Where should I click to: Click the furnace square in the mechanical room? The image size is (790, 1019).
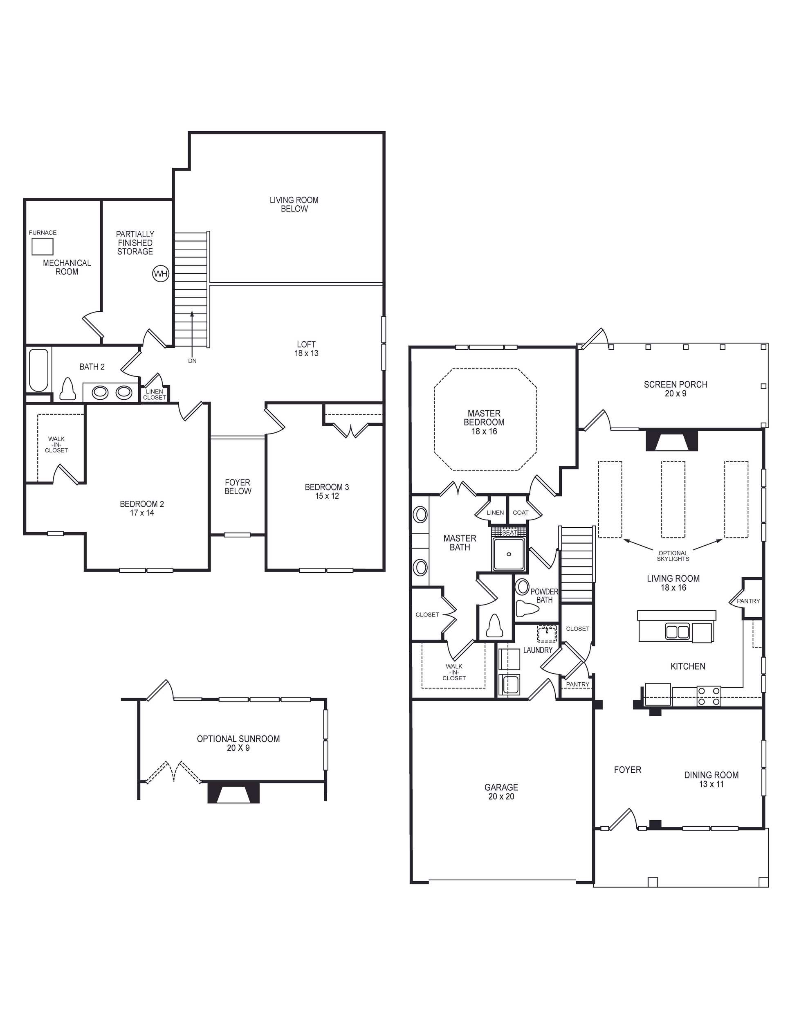[43, 246]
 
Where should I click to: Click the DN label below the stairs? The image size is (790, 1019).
[192, 361]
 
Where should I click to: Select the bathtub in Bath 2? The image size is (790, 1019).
[39, 371]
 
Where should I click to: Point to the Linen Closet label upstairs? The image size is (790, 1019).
[155, 394]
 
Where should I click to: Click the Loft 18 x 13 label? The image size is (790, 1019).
[306, 349]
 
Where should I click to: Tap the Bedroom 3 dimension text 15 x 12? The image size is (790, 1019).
[326, 496]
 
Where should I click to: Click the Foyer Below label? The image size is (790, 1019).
[238, 487]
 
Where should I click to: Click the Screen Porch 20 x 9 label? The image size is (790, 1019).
[675, 389]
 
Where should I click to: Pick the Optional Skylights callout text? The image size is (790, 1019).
[673, 556]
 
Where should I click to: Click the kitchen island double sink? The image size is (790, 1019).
[677, 632]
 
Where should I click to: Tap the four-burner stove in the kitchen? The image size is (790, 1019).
[709, 696]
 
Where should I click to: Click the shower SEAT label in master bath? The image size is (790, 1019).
[509, 532]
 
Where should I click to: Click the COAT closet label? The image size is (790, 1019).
[521, 512]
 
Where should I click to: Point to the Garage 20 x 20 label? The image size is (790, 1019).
[501, 792]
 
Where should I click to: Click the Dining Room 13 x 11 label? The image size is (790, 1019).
[711, 779]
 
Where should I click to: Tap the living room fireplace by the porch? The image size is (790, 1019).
[671, 441]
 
